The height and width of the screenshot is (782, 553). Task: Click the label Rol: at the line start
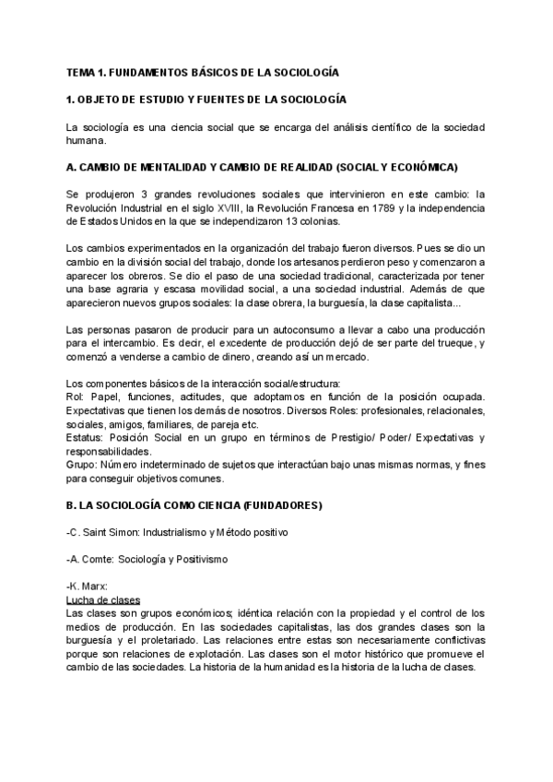coord(76,397)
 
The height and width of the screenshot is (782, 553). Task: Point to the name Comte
coord(101,559)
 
